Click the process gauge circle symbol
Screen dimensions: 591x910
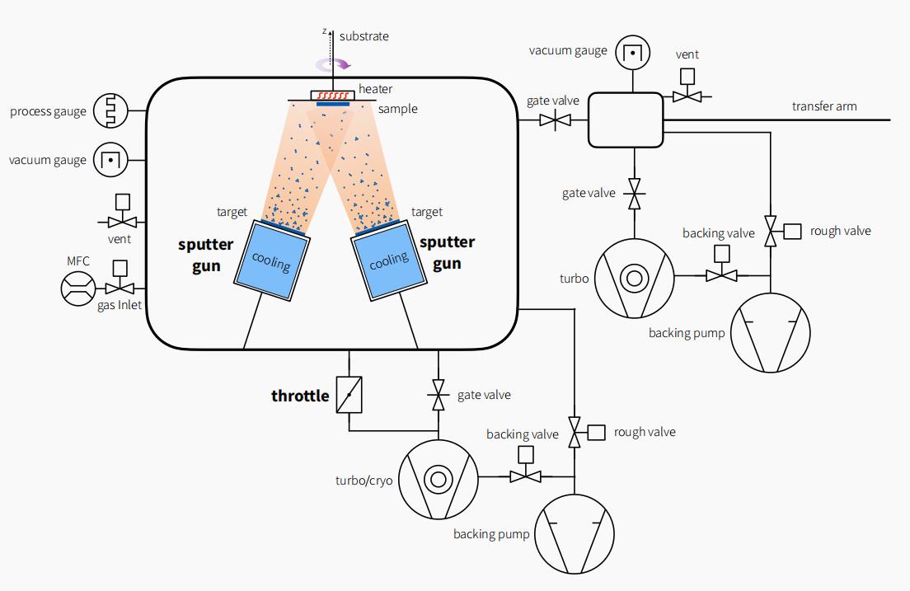(x=110, y=110)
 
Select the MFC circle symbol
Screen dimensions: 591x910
(x=78, y=289)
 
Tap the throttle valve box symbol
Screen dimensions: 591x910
(x=349, y=396)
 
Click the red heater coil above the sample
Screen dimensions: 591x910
(x=333, y=96)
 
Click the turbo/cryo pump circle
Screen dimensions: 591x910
(x=438, y=478)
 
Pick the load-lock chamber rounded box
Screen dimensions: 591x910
(x=626, y=120)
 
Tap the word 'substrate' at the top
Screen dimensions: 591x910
(x=364, y=36)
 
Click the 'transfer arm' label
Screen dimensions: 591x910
(x=824, y=106)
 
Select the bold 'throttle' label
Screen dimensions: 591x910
(x=300, y=396)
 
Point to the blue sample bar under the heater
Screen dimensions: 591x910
(x=333, y=104)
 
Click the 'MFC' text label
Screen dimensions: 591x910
(x=78, y=261)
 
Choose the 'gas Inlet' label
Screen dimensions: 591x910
(x=120, y=306)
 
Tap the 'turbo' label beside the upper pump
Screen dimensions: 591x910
(x=573, y=279)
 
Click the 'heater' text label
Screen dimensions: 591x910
(x=376, y=89)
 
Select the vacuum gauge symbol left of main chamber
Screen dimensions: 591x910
(x=110, y=159)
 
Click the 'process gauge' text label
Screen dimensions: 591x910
(x=48, y=111)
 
